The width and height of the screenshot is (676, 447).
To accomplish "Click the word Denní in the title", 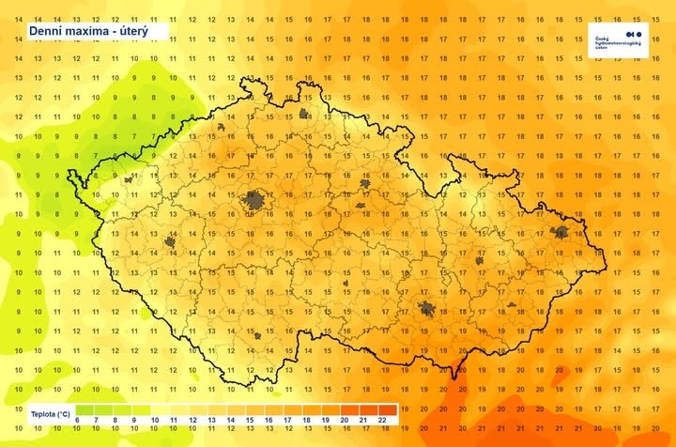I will tap(48, 32).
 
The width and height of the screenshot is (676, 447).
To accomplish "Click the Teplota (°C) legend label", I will tap(49, 413).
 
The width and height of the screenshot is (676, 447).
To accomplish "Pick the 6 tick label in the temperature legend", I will tap(76, 419).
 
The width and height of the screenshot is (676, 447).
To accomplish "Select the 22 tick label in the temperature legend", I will tap(383, 419).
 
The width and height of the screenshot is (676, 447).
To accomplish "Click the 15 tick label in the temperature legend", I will tap(249, 419).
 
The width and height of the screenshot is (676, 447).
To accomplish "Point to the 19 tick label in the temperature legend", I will tap(326, 419).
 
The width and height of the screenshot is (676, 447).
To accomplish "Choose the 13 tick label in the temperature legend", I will tap(210, 419).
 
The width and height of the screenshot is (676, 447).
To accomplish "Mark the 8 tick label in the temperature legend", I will tap(115, 419).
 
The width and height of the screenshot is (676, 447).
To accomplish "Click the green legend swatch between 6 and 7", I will tap(85, 409).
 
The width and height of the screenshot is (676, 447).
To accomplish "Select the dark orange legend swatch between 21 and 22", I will tap(373, 409).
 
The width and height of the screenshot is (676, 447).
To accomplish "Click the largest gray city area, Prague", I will tap(253, 199).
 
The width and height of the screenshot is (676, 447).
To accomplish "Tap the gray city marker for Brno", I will tap(428, 308).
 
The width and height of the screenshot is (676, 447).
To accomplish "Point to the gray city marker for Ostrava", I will tap(561, 232).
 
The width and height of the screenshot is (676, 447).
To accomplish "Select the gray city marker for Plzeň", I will tap(172, 241).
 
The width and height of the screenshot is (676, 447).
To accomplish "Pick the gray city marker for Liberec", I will tap(304, 115).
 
